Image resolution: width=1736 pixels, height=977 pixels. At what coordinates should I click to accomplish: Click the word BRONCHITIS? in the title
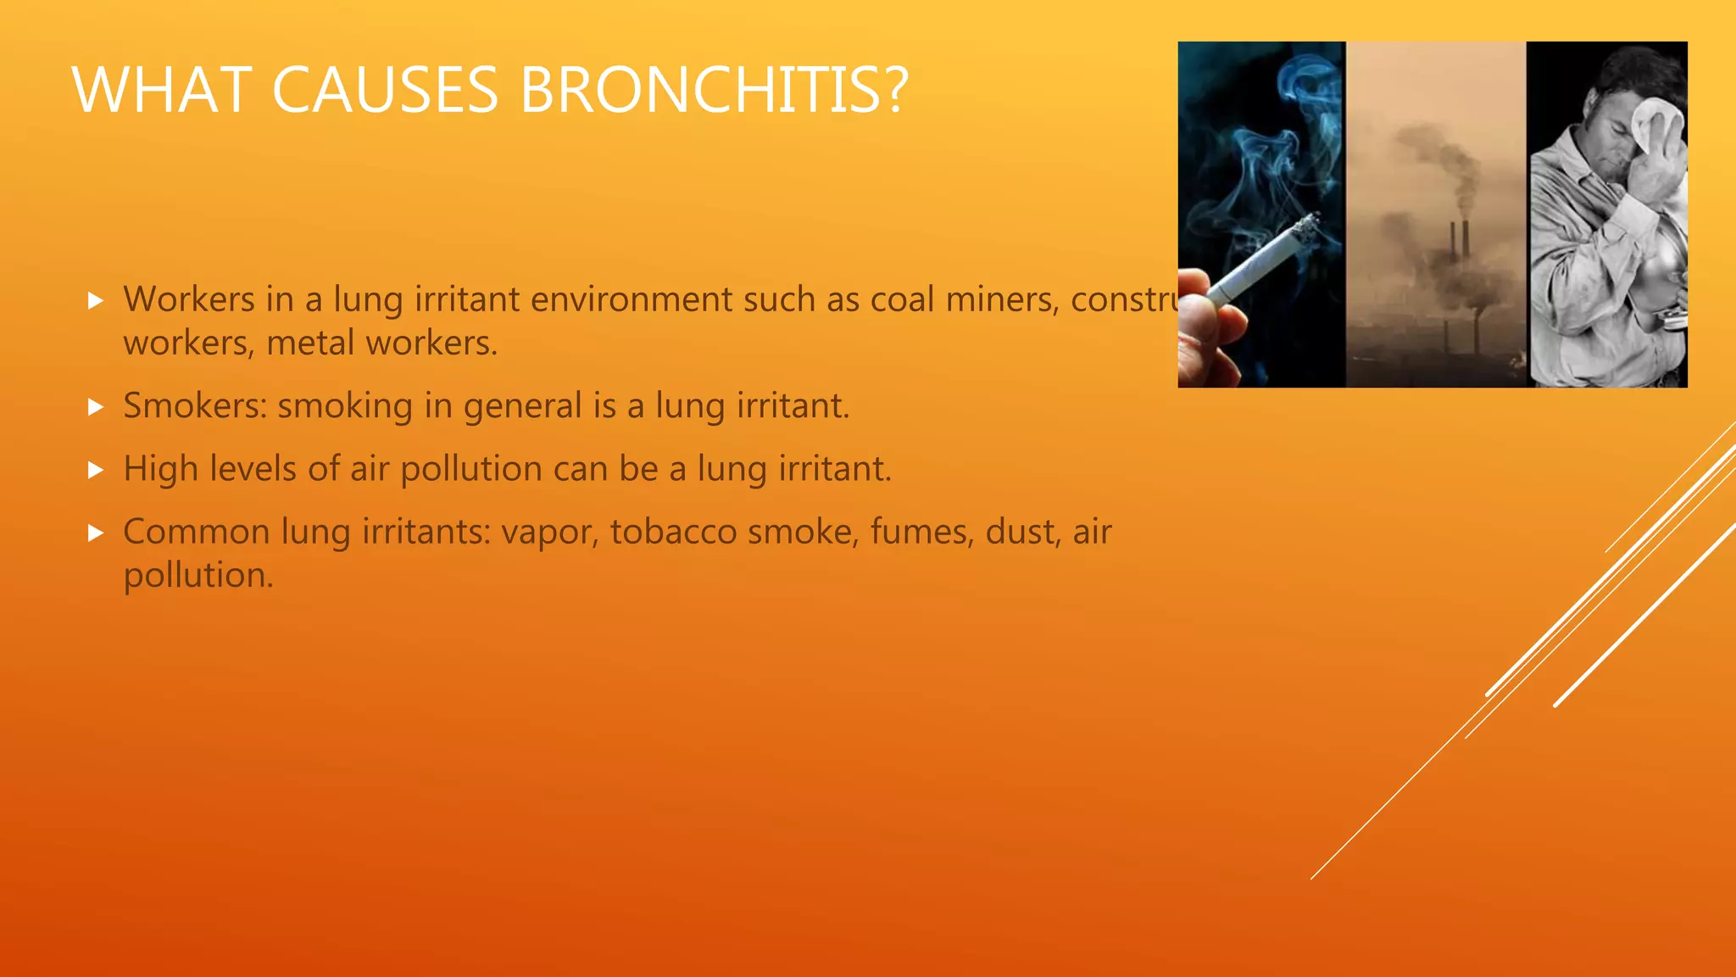tap(714, 90)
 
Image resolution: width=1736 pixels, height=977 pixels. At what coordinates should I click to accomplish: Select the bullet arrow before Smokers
tap(96, 407)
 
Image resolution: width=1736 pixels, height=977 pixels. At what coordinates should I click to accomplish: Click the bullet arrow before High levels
tap(96, 470)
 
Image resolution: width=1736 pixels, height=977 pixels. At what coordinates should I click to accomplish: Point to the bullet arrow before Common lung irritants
tap(96, 533)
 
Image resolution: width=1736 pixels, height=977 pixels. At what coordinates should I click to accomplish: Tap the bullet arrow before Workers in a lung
tap(96, 301)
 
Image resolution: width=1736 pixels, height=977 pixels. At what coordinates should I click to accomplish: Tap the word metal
tap(310, 343)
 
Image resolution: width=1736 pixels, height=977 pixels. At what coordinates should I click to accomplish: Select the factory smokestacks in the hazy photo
tap(1460, 242)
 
